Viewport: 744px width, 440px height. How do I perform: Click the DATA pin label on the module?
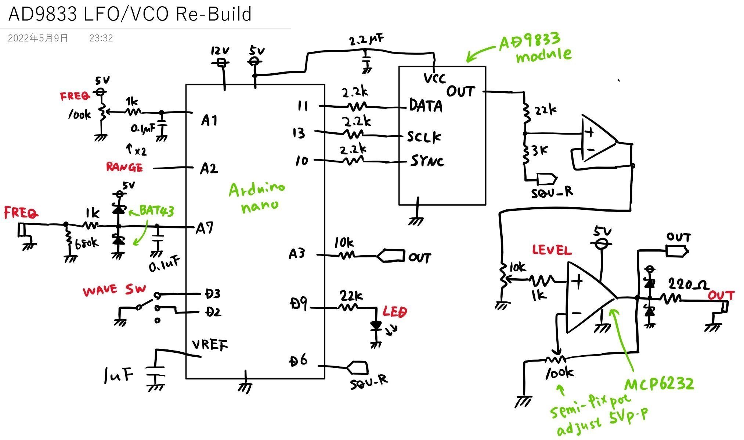tap(426, 106)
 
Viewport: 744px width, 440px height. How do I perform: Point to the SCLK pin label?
tap(424, 137)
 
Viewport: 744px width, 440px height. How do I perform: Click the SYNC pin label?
tap(427, 161)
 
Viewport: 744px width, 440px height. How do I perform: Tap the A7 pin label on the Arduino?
tap(204, 228)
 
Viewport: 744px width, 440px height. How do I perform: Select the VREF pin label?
tap(210, 345)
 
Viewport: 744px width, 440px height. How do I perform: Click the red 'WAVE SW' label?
tap(114, 290)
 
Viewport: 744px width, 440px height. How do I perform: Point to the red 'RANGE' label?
tap(124, 167)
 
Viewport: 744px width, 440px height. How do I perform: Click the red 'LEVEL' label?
tap(552, 250)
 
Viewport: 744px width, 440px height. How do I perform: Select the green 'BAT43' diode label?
tap(156, 211)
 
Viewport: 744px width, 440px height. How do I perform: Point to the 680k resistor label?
tap(87, 243)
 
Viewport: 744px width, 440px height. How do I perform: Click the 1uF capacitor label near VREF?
tap(118, 375)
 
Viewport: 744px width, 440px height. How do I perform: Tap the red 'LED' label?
tap(395, 312)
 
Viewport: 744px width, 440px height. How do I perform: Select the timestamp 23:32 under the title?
tap(101, 38)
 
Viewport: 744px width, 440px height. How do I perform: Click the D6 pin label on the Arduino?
tap(298, 361)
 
